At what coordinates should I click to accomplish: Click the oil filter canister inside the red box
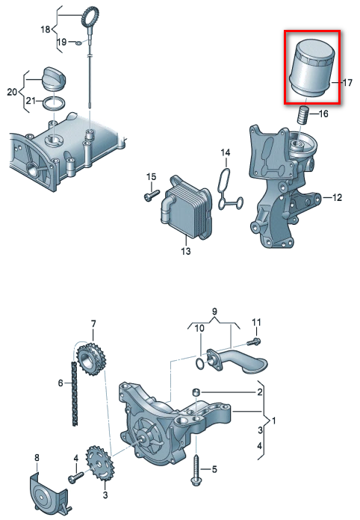311,68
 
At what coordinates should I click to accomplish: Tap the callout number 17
347,82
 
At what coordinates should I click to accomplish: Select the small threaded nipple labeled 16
302,115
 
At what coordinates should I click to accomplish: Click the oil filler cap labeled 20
54,79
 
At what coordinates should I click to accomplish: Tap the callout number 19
62,42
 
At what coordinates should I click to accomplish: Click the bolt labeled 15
152,195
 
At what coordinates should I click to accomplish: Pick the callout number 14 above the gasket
226,152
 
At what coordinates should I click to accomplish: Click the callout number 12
337,198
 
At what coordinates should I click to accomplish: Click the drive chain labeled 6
75,394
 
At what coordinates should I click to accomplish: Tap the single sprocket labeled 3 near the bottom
100,465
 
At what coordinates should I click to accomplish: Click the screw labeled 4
75,478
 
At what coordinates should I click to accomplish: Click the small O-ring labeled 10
199,364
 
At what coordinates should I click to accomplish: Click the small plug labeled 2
196,392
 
